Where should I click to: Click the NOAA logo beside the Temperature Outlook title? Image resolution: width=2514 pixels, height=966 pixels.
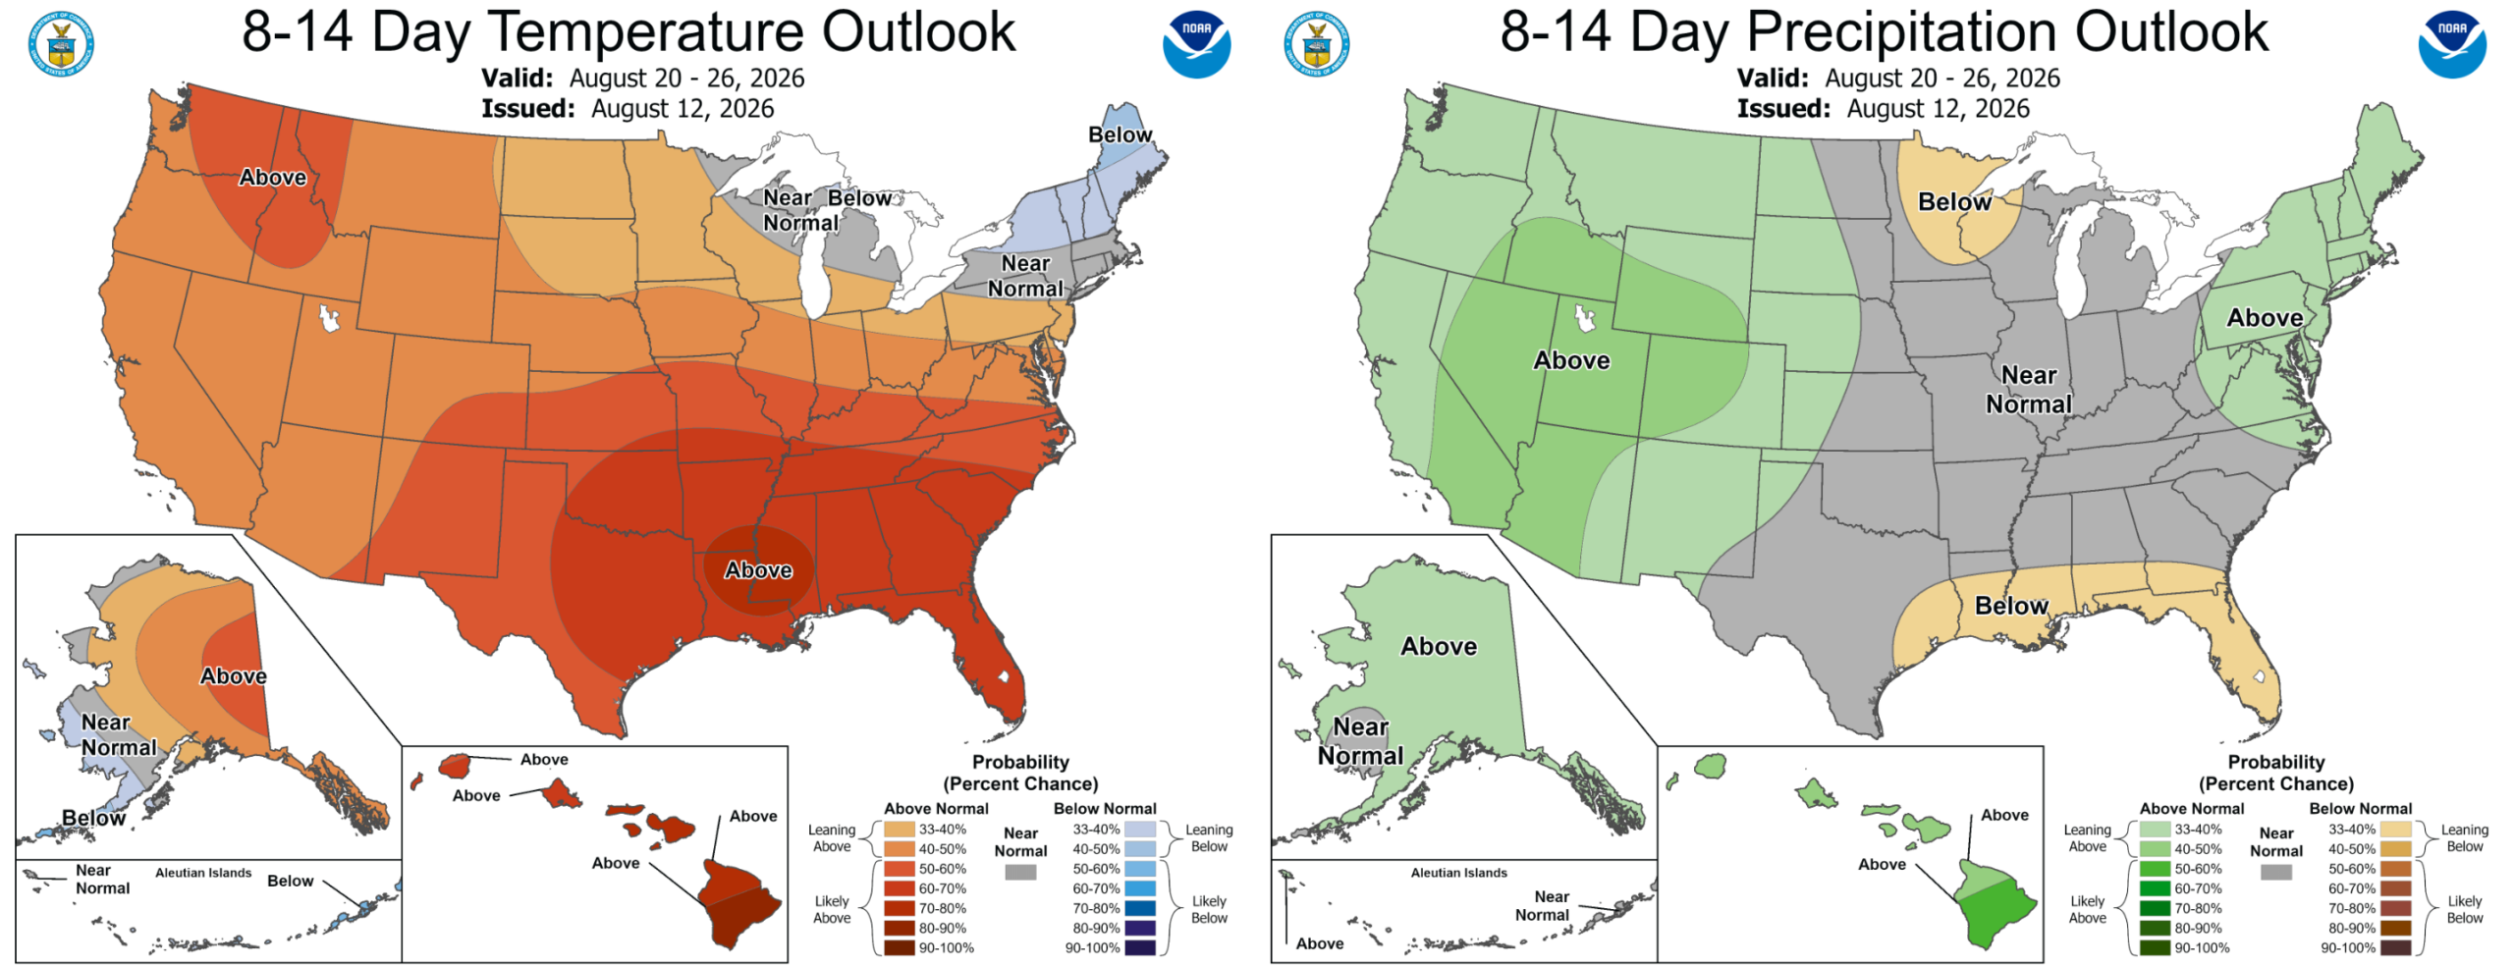coord(1196,44)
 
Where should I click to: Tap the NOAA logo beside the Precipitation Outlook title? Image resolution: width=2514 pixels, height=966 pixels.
coord(2452,44)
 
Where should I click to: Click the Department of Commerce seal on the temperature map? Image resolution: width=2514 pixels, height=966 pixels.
coord(61,44)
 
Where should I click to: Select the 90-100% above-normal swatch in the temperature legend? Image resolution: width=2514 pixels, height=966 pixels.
coord(899,947)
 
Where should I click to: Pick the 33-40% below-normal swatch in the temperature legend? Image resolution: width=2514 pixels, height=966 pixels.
coord(1140,830)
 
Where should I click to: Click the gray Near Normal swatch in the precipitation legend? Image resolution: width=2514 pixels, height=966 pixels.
coord(2275,872)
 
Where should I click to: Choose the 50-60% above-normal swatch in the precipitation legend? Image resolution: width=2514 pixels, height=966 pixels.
coord(2155,869)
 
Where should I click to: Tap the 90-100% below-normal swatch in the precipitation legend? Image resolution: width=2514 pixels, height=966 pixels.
coord(2396,947)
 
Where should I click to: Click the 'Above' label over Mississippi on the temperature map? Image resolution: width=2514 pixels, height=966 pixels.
coord(758,570)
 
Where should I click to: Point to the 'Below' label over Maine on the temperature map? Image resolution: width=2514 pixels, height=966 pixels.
coord(1120,134)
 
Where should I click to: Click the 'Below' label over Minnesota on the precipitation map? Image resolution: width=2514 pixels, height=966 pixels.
coord(1954,202)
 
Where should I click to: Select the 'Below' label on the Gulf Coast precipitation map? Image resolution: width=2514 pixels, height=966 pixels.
coord(2011,606)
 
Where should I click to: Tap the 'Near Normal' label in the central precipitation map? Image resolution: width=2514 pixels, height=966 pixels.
coord(2029,390)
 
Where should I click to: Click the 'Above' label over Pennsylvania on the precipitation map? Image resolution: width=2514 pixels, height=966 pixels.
coord(2265,318)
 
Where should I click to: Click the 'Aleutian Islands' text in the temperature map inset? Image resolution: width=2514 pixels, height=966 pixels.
coord(203,873)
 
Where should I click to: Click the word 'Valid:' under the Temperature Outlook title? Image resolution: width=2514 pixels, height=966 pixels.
coord(517,79)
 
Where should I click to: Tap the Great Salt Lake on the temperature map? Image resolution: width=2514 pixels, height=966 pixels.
coord(329,318)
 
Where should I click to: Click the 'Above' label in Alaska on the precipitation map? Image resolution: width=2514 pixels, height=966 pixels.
coord(1439,647)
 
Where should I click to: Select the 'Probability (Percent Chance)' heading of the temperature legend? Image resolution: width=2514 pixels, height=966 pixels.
coord(1020,773)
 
